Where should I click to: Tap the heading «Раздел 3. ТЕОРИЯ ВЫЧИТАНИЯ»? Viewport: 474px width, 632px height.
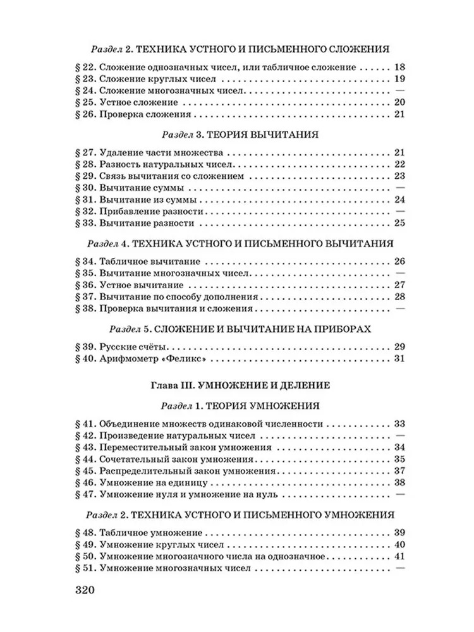pos(237,135)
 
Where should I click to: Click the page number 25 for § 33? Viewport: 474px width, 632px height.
pos(398,223)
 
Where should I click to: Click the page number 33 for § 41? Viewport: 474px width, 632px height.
pos(398,424)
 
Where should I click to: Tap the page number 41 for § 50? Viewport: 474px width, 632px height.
pos(398,557)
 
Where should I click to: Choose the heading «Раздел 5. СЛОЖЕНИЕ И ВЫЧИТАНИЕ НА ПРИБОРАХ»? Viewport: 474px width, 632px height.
pos(237,329)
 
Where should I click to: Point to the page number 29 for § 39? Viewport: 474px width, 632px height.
pos(398,347)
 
